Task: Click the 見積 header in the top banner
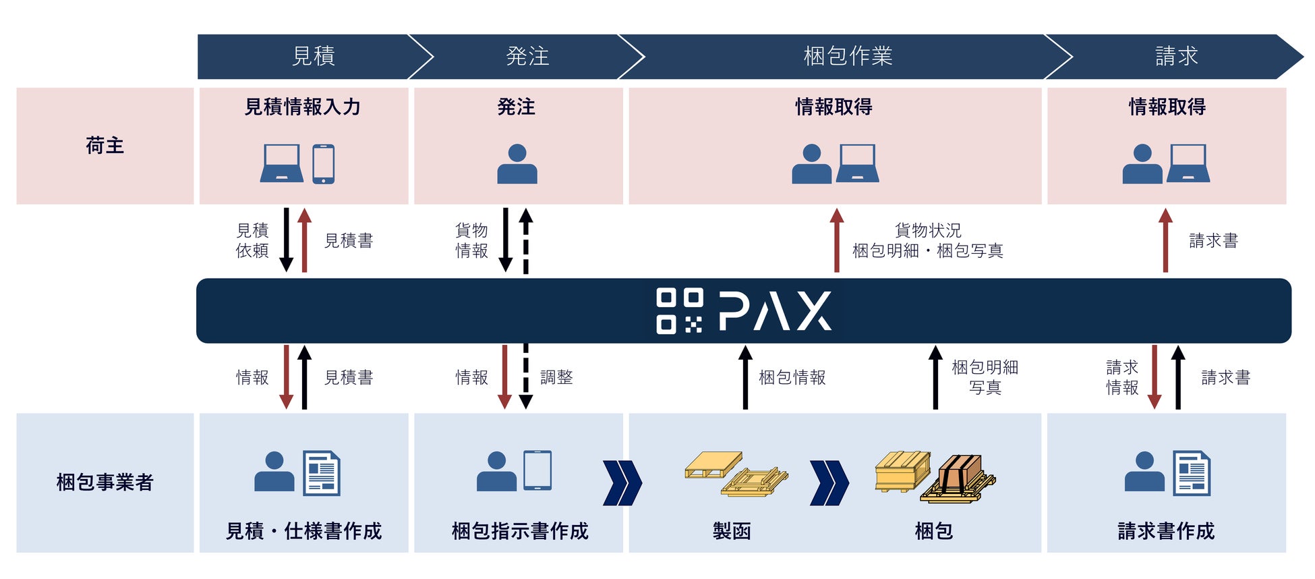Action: click(314, 56)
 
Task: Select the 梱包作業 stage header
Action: click(848, 56)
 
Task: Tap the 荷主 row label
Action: click(105, 146)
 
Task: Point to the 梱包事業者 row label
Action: click(105, 482)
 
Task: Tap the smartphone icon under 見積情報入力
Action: click(324, 164)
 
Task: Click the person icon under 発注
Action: click(517, 164)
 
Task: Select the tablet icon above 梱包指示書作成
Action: click(537, 470)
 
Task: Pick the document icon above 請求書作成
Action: click(1192, 473)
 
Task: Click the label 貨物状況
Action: click(928, 231)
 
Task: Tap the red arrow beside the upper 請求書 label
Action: click(1165, 240)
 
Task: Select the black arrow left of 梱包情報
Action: click(745, 377)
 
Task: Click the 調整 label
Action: click(556, 377)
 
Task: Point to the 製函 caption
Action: click(732, 531)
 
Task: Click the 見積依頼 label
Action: click(252, 240)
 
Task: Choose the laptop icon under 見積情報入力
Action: click(281, 164)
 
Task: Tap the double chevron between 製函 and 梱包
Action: click(829, 482)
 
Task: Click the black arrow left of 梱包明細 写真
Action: click(935, 377)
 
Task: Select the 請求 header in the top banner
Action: click(1176, 56)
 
